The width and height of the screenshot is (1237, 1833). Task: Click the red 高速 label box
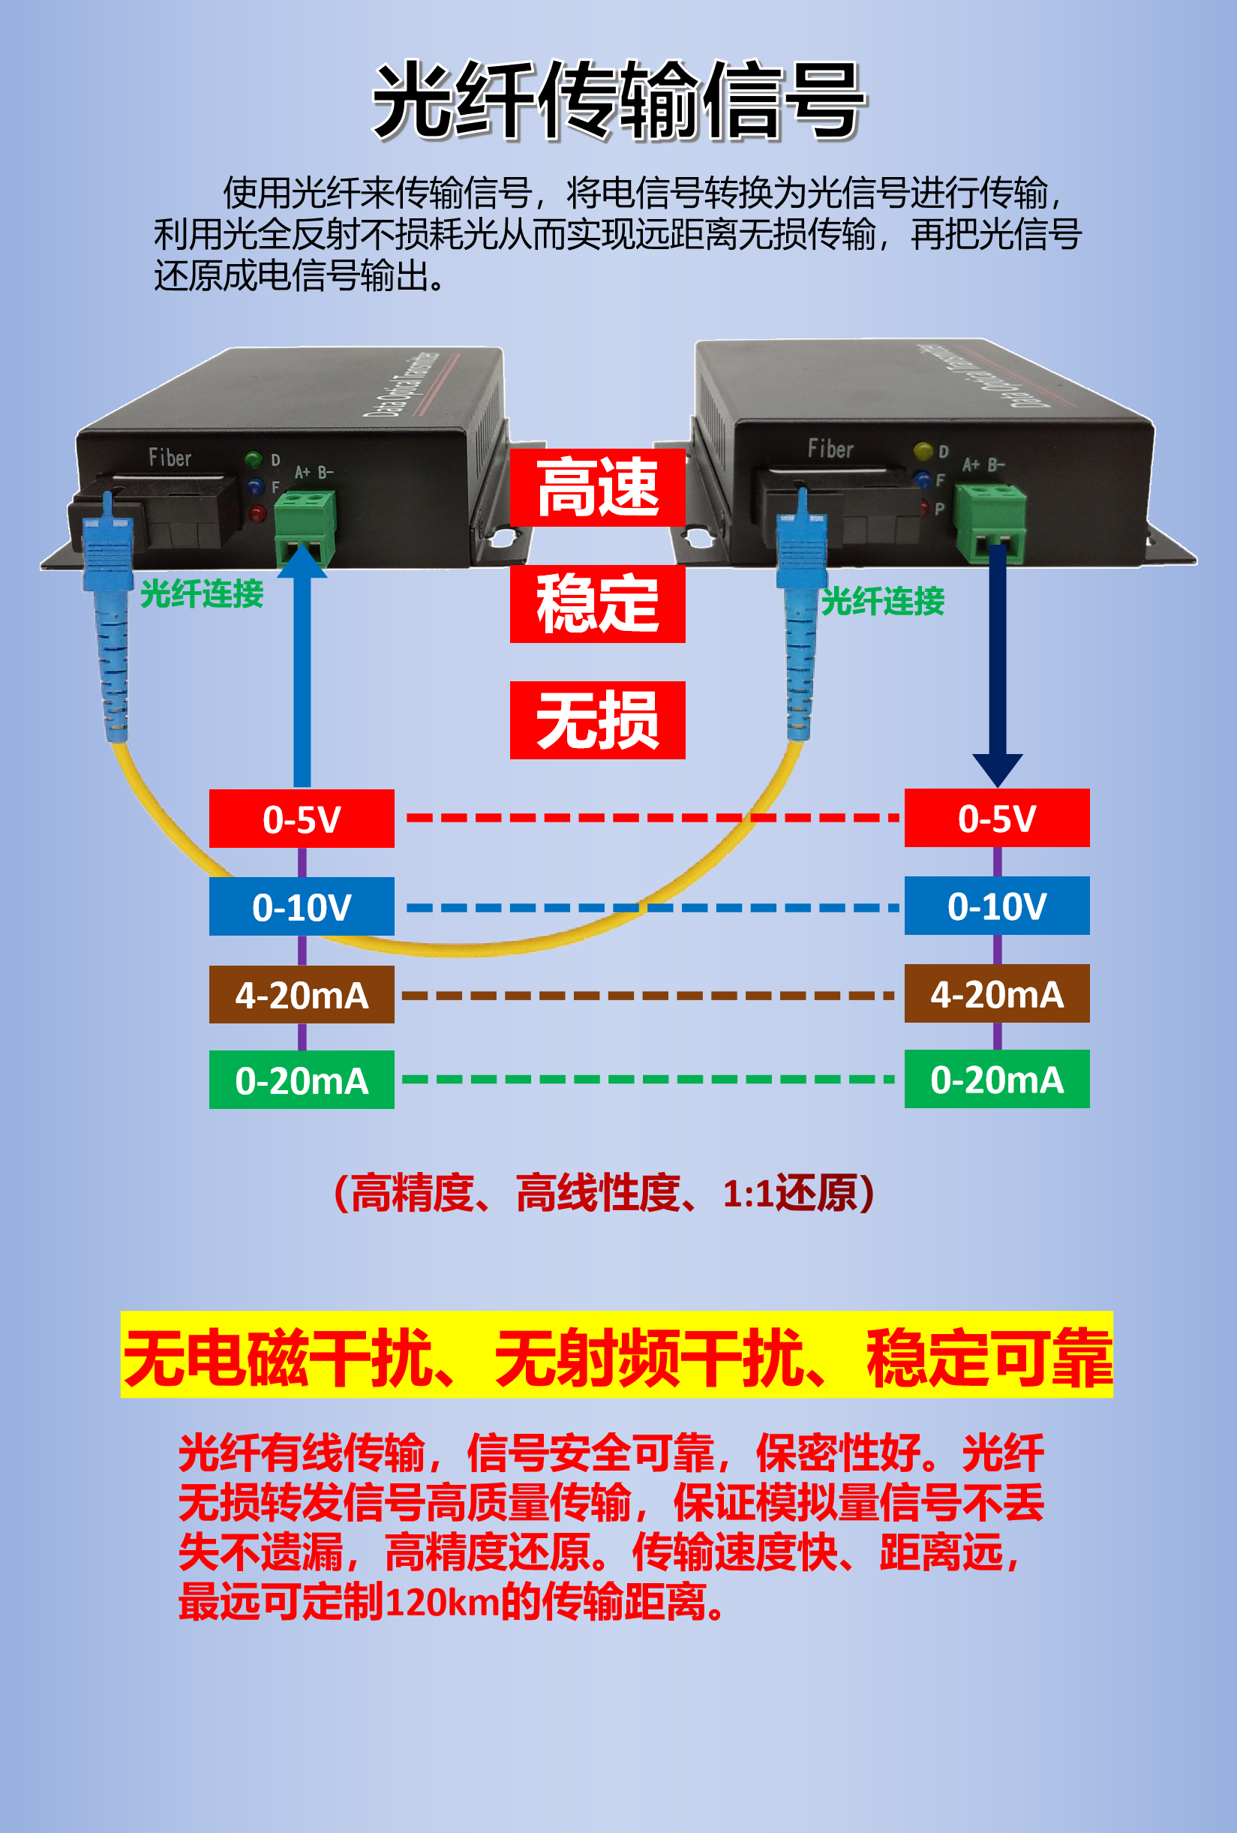598,488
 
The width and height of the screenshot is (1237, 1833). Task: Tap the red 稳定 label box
598,603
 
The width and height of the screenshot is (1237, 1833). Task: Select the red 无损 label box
598,720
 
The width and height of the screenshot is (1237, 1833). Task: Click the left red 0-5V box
302,819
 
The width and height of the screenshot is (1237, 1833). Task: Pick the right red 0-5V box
996,818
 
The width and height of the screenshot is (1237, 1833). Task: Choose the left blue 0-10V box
302,906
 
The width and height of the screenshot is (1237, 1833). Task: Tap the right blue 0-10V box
996,906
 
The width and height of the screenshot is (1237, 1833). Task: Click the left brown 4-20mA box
302,995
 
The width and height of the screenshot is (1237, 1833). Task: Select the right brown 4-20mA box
996,994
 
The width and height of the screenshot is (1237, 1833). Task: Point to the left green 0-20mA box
302,1080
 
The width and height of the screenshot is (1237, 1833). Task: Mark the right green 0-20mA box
996,1079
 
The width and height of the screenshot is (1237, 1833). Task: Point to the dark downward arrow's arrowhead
997,769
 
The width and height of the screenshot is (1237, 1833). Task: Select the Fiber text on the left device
170,458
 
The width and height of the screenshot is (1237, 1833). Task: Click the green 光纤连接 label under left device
202,594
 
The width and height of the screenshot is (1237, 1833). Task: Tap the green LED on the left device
253,459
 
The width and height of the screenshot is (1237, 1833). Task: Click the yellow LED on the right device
923,451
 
